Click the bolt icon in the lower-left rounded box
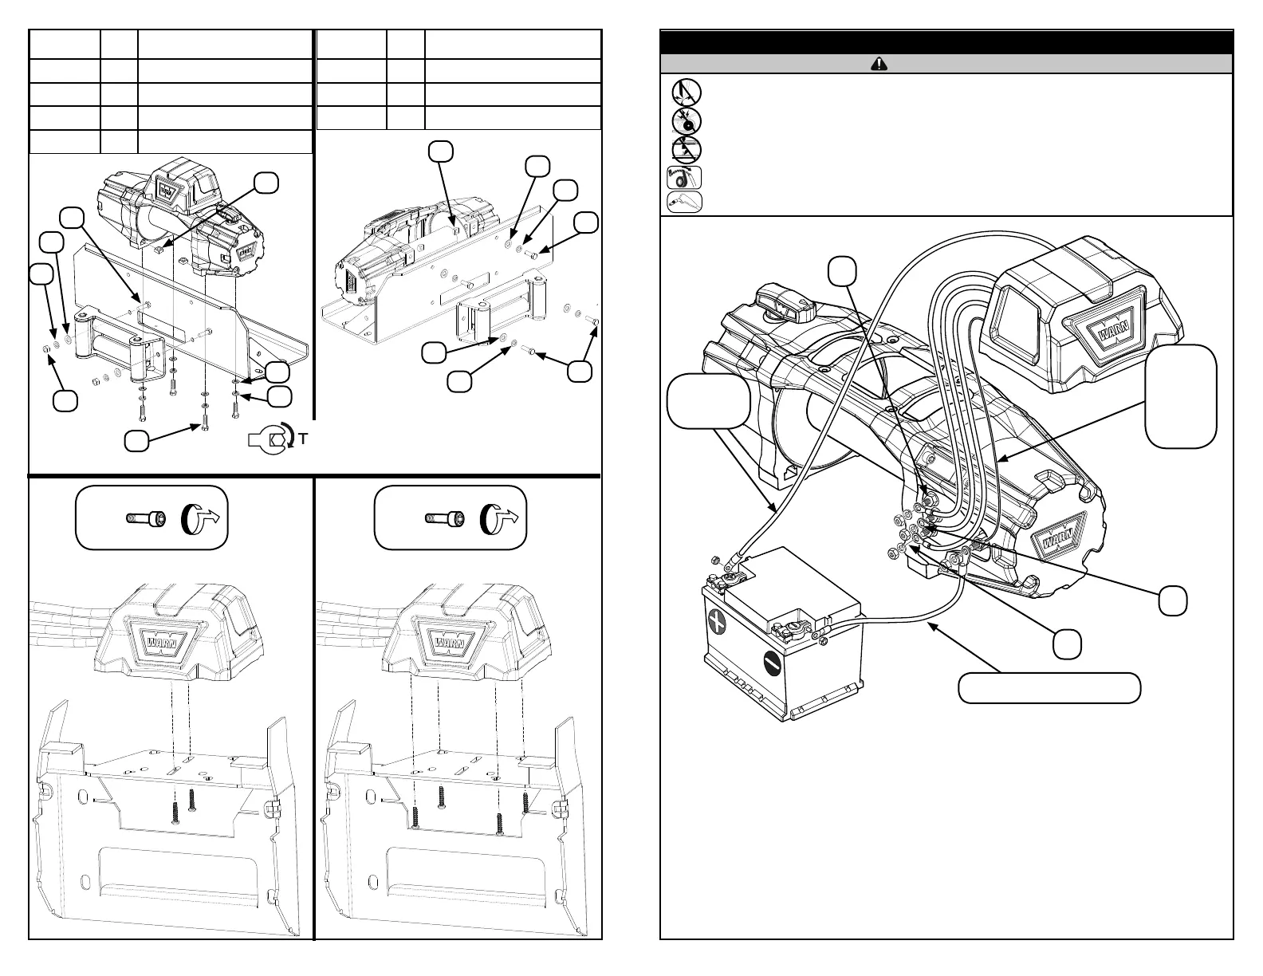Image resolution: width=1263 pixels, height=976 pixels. tap(146, 519)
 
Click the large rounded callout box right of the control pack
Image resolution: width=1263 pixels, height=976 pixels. tap(1181, 396)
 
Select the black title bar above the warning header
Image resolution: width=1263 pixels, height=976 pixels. tap(946, 42)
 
